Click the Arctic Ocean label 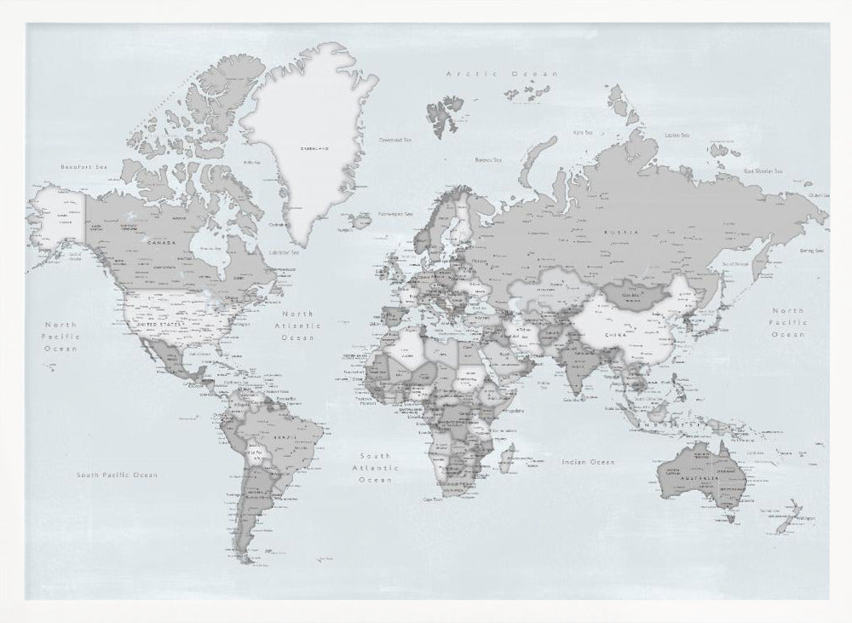click(503, 75)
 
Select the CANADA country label click(162, 242)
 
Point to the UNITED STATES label click(160, 324)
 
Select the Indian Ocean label click(587, 461)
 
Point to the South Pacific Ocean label click(117, 475)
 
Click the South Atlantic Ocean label click(376, 468)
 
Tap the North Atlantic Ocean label click(298, 326)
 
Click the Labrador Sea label click(284, 252)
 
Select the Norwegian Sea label click(395, 213)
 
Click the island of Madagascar click(507, 461)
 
